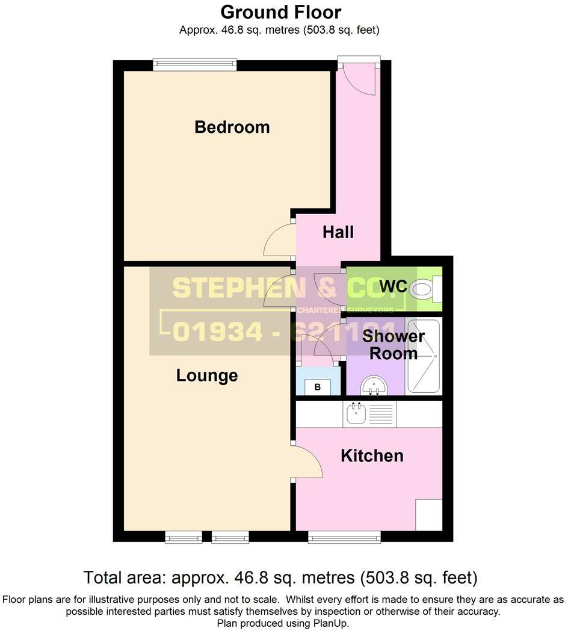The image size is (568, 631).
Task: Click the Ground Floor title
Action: click(x=280, y=12)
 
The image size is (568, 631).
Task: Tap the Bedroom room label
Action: click(x=232, y=127)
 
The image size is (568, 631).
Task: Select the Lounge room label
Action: click(x=206, y=375)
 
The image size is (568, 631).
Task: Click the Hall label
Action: click(x=338, y=232)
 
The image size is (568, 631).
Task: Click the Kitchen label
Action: click(x=372, y=455)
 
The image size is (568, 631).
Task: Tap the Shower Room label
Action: click(x=393, y=345)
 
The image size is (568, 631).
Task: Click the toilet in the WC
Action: click(x=424, y=291)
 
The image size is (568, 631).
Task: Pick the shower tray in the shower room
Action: click(x=424, y=356)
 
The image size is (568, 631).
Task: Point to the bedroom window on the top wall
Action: click(x=194, y=64)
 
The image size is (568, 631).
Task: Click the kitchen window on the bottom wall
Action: click(x=344, y=537)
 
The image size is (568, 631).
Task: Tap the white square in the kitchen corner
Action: click(x=429, y=515)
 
